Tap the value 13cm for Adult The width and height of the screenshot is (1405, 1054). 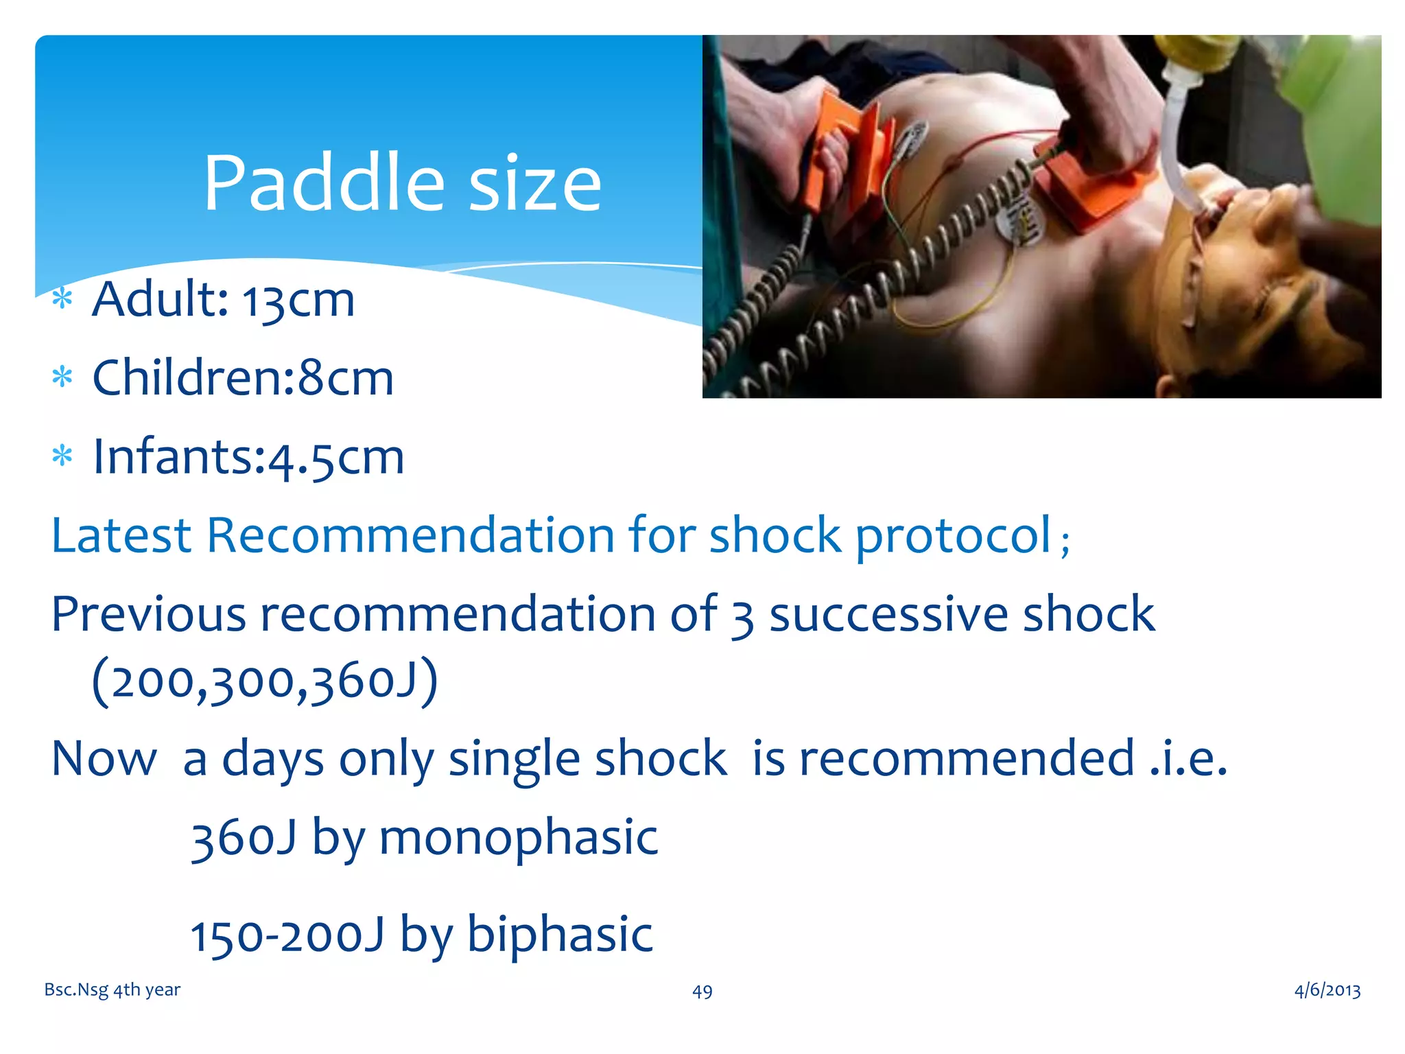pos(298,301)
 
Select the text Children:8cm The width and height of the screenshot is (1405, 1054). pos(243,378)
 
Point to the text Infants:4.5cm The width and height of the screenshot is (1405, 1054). pos(248,457)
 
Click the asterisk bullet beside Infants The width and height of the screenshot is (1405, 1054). pos(62,456)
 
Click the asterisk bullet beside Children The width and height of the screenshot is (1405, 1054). pos(62,377)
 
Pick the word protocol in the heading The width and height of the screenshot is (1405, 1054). pos(952,535)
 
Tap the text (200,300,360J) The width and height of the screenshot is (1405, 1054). pos(265,681)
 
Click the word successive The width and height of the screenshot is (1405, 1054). pos(888,614)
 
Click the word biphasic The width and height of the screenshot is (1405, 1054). pos(559,935)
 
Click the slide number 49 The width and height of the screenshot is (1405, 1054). pos(702,992)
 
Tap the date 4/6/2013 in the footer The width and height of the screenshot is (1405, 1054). pos(1327,990)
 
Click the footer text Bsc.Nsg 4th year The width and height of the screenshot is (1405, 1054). pos(112,989)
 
